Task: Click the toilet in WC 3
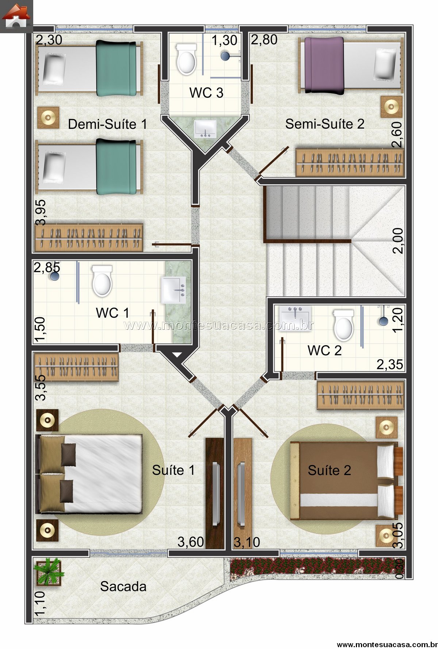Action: tap(186, 59)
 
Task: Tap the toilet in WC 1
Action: tap(102, 281)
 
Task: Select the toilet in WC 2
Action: tap(343, 324)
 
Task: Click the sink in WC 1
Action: tap(173, 290)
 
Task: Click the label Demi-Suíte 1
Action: tap(107, 124)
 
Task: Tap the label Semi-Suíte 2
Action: tap(324, 124)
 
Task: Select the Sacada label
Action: tap(123, 586)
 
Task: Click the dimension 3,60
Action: tap(191, 542)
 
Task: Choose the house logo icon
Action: tap(16, 16)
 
